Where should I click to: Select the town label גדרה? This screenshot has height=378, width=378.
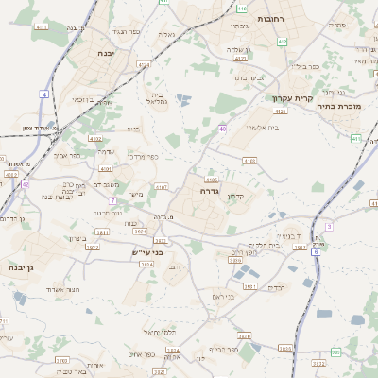(x=211, y=191)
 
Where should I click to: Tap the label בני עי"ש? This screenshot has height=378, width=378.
(x=147, y=252)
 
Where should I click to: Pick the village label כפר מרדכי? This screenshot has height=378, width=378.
(x=143, y=156)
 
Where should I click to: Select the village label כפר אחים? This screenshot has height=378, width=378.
(x=138, y=353)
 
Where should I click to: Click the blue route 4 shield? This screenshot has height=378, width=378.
(x=43, y=94)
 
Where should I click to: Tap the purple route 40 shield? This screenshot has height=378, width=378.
(x=222, y=128)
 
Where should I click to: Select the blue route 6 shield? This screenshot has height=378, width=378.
(x=316, y=250)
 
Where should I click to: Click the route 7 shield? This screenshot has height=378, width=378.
(x=112, y=200)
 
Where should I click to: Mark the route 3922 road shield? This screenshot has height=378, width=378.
(x=93, y=247)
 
